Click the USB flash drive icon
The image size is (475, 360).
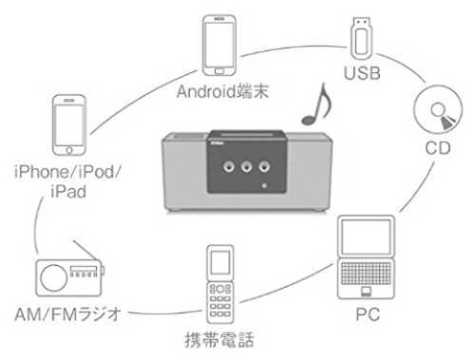tap(361, 38)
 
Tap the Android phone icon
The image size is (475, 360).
tap(219, 46)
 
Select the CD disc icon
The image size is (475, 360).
tap(438, 109)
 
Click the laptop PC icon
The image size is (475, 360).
tap(366, 257)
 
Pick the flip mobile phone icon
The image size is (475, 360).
tap(220, 284)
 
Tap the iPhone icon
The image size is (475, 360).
tap(69, 125)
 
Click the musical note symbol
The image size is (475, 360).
tap(317, 104)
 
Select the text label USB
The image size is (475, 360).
tap(362, 73)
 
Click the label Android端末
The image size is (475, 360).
tap(222, 91)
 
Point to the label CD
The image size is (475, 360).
tap(438, 148)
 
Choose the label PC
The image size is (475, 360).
tap(368, 314)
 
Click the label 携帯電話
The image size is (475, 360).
tap(219, 340)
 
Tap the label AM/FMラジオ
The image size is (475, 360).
tap(67, 314)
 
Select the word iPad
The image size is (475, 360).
tap(68, 192)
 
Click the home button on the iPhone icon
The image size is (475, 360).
tap(69, 150)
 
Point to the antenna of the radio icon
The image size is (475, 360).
tap(85, 250)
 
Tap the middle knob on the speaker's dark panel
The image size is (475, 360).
tap(246, 166)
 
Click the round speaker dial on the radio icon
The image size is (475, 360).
tap(54, 277)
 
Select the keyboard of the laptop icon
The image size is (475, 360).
tap(366, 273)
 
